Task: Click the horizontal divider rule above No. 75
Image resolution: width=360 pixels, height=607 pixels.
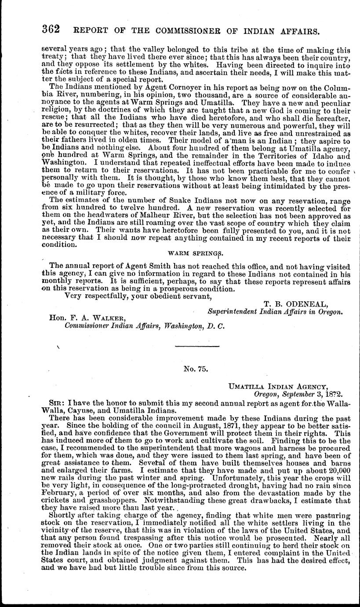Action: coord(196,347)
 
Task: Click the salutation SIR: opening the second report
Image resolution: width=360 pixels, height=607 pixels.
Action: coord(59,402)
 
